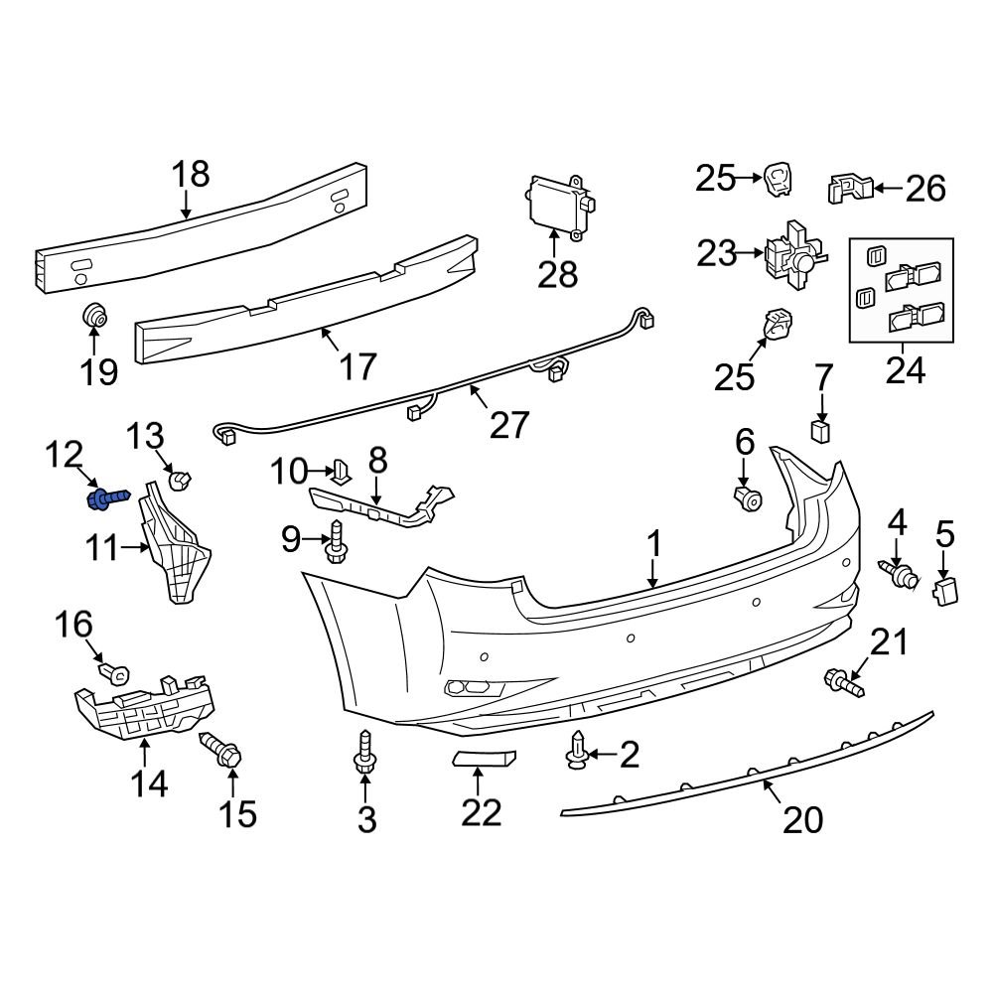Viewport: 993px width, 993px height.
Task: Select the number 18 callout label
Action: coord(191,175)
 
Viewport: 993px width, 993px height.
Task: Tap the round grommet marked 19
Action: coord(94,316)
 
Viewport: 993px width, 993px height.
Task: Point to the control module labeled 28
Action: coord(558,205)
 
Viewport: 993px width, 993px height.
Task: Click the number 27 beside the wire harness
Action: coord(509,424)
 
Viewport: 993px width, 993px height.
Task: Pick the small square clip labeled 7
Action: coord(821,430)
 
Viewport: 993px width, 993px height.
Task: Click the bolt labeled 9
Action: coord(336,544)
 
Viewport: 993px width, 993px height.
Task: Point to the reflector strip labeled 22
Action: coord(486,760)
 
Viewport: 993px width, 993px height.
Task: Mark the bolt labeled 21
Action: coord(843,682)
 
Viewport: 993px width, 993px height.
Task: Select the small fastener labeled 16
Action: coord(115,674)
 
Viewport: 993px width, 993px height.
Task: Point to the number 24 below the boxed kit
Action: coord(905,370)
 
